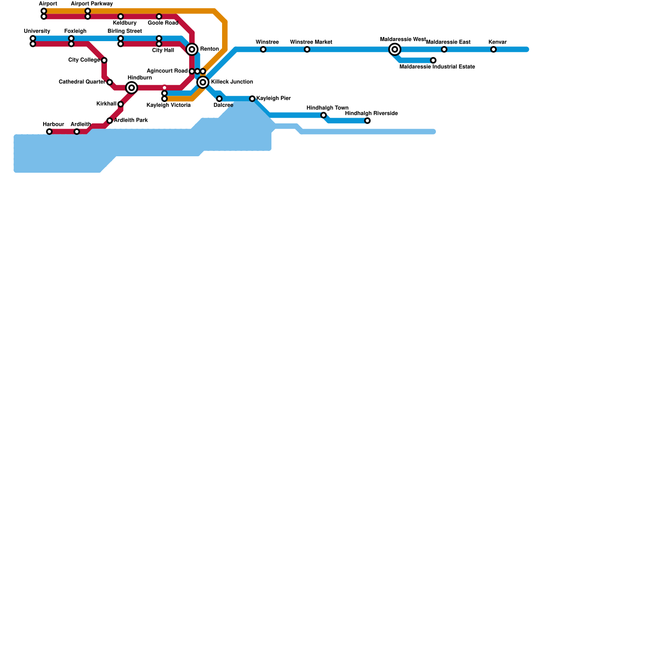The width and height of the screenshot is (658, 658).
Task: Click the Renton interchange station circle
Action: point(192,49)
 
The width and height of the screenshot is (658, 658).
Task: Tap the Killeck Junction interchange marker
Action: point(203,82)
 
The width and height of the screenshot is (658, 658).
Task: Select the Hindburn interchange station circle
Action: point(132,88)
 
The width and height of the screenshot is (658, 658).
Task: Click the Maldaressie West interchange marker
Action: point(395,49)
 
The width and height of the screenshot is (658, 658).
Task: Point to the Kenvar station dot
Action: point(493,49)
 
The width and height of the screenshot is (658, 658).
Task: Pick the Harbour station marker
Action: point(49,132)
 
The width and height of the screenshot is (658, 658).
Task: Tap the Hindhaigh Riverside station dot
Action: point(367,120)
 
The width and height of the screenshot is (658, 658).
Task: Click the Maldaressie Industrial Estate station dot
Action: point(433,60)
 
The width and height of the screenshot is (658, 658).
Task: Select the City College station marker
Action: point(104,60)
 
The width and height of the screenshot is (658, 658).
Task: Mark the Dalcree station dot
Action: point(219,99)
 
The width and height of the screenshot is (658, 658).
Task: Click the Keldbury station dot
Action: point(120,16)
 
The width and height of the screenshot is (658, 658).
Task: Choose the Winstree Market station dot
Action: point(307,49)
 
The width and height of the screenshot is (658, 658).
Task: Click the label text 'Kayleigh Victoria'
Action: point(169,105)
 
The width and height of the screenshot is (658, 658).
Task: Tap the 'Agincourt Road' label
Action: point(167,71)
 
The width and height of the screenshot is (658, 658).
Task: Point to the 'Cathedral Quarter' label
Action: point(82,82)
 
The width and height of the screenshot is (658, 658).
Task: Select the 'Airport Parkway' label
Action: point(92,4)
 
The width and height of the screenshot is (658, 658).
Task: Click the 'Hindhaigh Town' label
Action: point(327,108)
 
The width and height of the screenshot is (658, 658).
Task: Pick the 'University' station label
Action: point(37,31)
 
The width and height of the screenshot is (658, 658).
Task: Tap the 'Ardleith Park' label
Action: point(131,120)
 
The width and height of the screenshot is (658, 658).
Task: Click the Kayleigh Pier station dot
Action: point(252,99)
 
